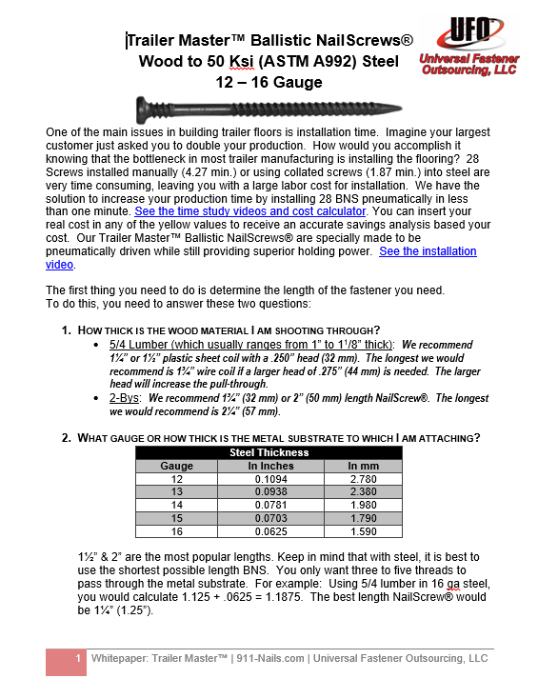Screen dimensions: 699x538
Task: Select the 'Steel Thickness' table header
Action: tap(270, 452)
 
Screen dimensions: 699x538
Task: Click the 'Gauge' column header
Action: tap(177, 466)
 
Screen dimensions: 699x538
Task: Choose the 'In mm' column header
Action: tap(364, 466)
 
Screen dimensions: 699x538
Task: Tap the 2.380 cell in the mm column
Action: tap(364, 492)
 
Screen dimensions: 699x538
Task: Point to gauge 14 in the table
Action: tap(177, 506)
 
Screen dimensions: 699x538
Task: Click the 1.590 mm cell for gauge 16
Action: tap(364, 532)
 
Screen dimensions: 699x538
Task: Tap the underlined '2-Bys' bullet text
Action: tap(126, 398)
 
